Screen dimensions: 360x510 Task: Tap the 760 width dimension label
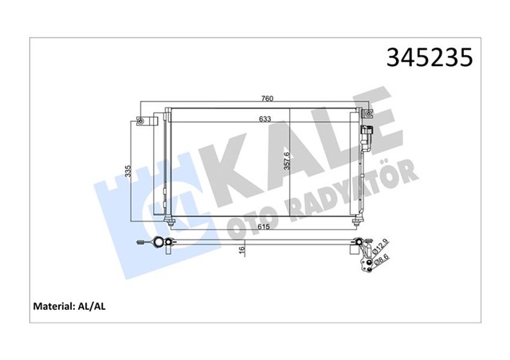tap(269, 99)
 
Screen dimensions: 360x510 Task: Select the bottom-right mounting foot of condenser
tap(353, 220)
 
